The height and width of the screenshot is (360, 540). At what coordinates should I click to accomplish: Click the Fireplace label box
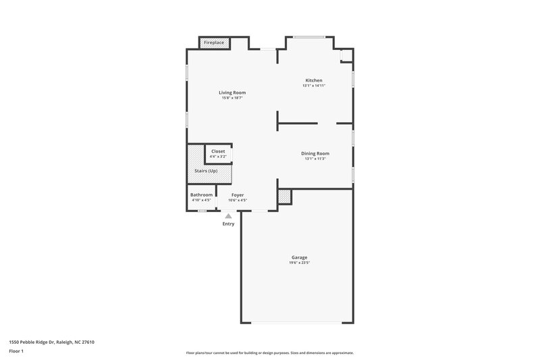pyautogui.click(x=215, y=43)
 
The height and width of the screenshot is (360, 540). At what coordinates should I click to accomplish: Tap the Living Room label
pyautogui.click(x=232, y=93)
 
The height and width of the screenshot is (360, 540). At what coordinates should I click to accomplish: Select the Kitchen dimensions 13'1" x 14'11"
pyautogui.click(x=315, y=86)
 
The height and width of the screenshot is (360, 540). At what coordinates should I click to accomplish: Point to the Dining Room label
pyautogui.click(x=315, y=153)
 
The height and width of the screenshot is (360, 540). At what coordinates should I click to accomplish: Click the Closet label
pyautogui.click(x=218, y=151)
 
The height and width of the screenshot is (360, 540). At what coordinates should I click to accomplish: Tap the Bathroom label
pyautogui.click(x=201, y=195)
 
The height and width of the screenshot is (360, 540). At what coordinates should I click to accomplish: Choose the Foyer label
pyautogui.click(x=238, y=195)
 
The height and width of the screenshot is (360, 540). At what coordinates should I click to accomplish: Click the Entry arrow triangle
pyautogui.click(x=229, y=216)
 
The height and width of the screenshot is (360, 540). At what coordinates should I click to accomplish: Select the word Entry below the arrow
pyautogui.click(x=229, y=224)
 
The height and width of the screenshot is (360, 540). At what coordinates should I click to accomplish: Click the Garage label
pyautogui.click(x=300, y=257)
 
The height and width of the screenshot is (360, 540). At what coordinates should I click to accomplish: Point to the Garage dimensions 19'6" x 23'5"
pyautogui.click(x=300, y=263)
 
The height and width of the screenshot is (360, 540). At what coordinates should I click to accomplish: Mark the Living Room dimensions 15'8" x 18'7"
pyautogui.click(x=232, y=98)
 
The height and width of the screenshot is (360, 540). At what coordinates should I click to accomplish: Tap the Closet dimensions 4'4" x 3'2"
pyautogui.click(x=218, y=157)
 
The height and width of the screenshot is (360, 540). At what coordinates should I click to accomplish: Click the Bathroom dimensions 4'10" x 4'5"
pyautogui.click(x=201, y=201)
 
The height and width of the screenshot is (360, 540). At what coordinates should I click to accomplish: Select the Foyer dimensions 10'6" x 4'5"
pyautogui.click(x=238, y=201)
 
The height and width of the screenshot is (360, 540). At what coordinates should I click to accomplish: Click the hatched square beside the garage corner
pyautogui.click(x=284, y=197)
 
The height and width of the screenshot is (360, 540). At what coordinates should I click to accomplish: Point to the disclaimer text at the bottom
pyautogui.click(x=270, y=353)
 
